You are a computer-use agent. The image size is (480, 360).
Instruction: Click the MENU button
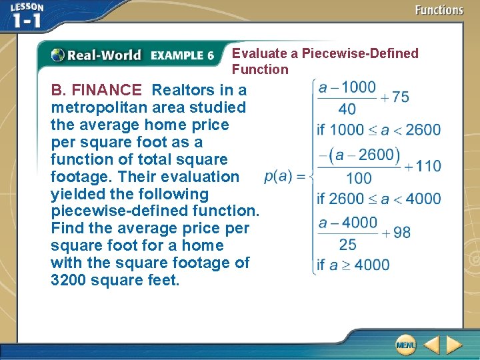405,345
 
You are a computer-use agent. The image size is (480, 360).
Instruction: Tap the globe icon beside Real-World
58,55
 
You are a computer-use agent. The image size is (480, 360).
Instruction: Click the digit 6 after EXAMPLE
210,56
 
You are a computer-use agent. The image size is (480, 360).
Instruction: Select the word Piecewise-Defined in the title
360,53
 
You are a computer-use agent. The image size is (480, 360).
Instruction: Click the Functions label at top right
439,10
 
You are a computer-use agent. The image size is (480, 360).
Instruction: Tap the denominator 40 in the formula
347,108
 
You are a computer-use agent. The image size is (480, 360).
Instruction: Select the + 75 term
395,97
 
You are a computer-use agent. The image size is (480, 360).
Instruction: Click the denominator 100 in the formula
359,178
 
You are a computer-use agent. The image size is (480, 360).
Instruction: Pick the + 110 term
422,166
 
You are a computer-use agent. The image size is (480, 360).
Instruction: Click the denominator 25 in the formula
347,244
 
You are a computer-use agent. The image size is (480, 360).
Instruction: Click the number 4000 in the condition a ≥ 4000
372,265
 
